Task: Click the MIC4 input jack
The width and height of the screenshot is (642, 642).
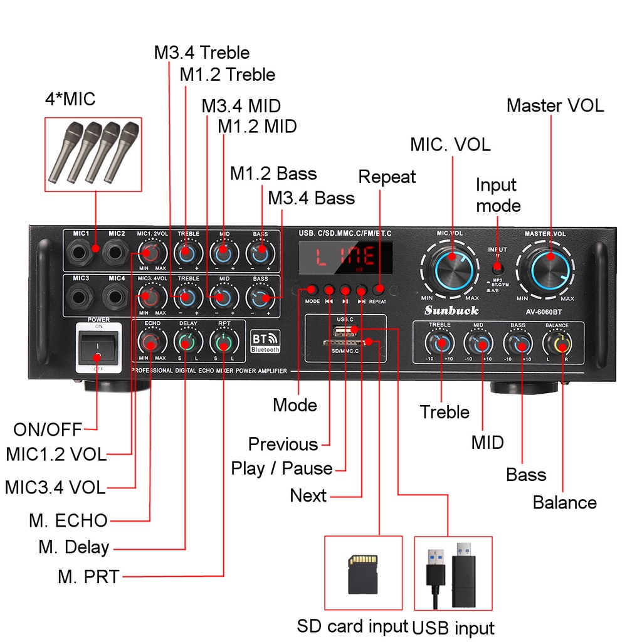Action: coord(115,295)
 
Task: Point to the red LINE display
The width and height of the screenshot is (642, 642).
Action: coord(345,257)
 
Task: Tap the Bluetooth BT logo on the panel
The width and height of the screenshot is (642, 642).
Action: coord(265,340)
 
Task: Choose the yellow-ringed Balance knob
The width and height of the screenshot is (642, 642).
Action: coord(557,342)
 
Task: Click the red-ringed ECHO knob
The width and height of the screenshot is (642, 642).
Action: coord(151,342)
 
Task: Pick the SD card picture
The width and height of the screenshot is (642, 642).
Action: coord(363,574)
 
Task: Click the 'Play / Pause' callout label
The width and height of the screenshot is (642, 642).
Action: coord(282,468)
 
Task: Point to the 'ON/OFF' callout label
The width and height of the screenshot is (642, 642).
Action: coord(48,429)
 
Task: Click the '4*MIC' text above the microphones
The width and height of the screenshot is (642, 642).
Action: coord(70,99)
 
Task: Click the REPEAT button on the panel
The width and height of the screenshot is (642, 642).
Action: coord(378,290)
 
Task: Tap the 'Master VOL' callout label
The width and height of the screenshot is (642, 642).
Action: coord(555,105)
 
